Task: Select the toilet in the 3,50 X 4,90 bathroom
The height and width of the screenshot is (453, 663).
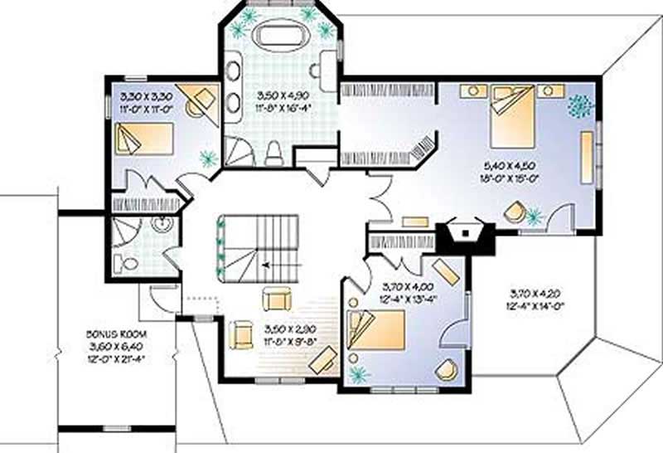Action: (x=273, y=152)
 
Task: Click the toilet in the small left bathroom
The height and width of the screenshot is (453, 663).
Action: (x=129, y=264)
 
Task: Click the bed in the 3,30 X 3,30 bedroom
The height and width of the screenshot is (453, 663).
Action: (x=143, y=138)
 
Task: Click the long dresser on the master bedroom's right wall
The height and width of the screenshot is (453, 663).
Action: (x=586, y=158)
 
